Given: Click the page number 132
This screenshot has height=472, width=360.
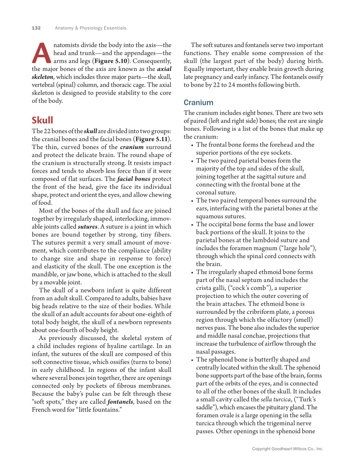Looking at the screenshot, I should [x=36, y=28].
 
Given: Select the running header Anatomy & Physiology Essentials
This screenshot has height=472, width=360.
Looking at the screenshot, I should [x=90, y=28].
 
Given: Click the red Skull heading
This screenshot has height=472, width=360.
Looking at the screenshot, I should [x=42, y=120].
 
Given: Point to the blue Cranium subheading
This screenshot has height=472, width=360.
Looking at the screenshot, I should [x=198, y=103].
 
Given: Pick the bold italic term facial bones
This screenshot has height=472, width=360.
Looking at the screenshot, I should [x=134, y=179].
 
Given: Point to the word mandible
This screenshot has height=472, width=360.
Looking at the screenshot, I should [x=45, y=275].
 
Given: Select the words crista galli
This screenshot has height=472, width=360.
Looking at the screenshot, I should [x=210, y=288].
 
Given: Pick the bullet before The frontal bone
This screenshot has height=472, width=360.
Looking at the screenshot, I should [x=192, y=145].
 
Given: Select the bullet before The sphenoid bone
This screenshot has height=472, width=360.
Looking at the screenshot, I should [x=192, y=360].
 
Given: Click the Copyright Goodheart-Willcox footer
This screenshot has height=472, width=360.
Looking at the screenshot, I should [x=287, y=449].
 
